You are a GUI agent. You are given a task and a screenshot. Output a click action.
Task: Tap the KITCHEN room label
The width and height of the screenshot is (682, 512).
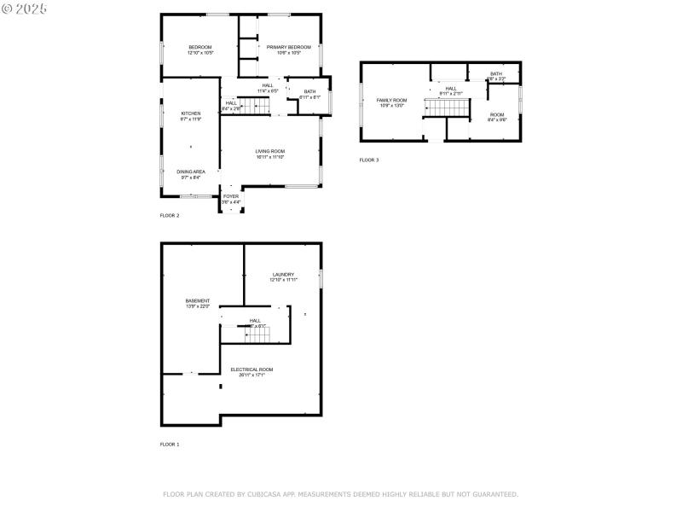(190, 113)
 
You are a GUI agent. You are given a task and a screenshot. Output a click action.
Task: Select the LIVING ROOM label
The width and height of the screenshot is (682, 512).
(269, 151)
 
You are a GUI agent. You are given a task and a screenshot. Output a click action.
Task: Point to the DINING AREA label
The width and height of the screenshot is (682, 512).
(190, 172)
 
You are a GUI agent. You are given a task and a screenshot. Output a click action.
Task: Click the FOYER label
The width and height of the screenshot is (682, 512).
(231, 196)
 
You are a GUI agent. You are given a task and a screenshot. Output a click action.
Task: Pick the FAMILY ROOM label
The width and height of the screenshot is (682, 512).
(391, 100)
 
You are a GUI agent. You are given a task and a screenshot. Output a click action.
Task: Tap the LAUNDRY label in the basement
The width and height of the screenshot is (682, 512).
(283, 274)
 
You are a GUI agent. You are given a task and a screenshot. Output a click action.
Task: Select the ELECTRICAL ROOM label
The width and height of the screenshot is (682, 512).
(251, 369)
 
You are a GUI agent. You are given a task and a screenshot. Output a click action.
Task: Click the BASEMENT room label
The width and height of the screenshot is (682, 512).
(198, 300)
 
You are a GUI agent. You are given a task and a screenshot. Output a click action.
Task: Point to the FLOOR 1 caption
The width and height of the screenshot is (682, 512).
(170, 445)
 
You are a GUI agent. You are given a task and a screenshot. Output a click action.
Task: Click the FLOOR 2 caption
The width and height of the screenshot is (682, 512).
(170, 216)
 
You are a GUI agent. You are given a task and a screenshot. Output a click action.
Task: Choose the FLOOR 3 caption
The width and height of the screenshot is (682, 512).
(368, 160)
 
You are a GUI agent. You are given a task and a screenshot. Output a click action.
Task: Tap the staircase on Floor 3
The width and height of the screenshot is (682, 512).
(448, 108)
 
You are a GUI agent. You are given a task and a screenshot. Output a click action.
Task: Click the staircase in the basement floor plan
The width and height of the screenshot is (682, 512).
(257, 335)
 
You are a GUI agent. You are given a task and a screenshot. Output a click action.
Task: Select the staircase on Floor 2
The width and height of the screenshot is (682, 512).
(253, 105)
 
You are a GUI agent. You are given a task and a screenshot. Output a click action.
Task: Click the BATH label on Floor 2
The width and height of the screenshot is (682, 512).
(309, 91)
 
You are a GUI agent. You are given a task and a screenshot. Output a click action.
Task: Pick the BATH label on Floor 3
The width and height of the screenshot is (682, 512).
(495, 74)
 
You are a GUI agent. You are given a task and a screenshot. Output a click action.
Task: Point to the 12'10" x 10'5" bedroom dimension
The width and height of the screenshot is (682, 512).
(199, 53)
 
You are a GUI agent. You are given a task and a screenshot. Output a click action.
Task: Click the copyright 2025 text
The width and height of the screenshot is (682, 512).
(25, 8)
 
